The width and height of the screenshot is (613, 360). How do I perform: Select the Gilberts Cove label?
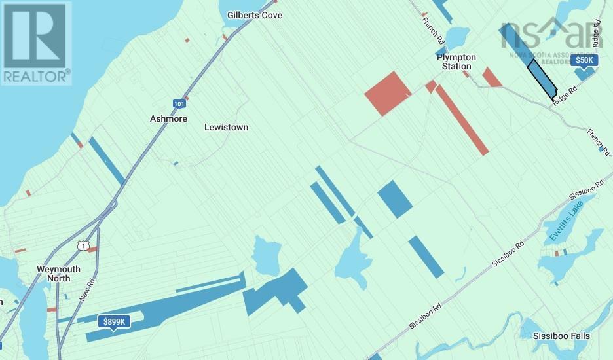[255, 14]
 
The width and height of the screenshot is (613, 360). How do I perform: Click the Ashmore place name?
[168, 119]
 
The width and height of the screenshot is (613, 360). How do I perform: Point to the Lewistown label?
[226, 128]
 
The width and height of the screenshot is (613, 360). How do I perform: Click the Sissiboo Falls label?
[561, 336]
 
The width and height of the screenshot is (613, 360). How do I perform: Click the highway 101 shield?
[179, 103]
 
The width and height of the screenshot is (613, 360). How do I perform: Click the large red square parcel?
[388, 94]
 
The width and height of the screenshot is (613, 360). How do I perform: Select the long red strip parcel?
[462, 120]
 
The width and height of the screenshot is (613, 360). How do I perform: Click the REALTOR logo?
[35, 43]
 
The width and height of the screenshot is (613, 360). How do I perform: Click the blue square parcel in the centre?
[395, 198]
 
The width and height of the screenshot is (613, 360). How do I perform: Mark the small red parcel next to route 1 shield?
[92, 249]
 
